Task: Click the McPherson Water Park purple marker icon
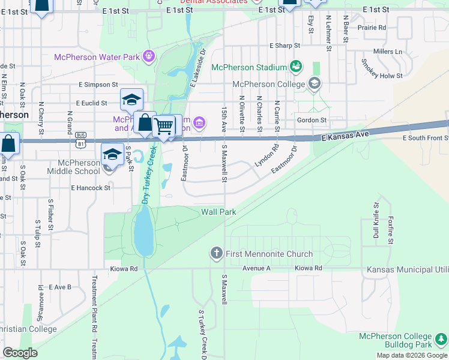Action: (149, 58)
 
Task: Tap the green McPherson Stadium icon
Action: (295, 65)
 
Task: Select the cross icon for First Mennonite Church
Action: (217, 253)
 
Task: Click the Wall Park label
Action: (218, 212)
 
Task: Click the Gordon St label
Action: (311, 120)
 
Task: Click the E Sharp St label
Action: (285, 46)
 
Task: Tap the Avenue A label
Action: (257, 268)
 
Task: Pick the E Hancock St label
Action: (91, 188)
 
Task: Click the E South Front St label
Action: (425, 138)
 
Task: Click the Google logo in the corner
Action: (20, 353)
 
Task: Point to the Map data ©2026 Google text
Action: (411, 355)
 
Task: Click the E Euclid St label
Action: (92, 103)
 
